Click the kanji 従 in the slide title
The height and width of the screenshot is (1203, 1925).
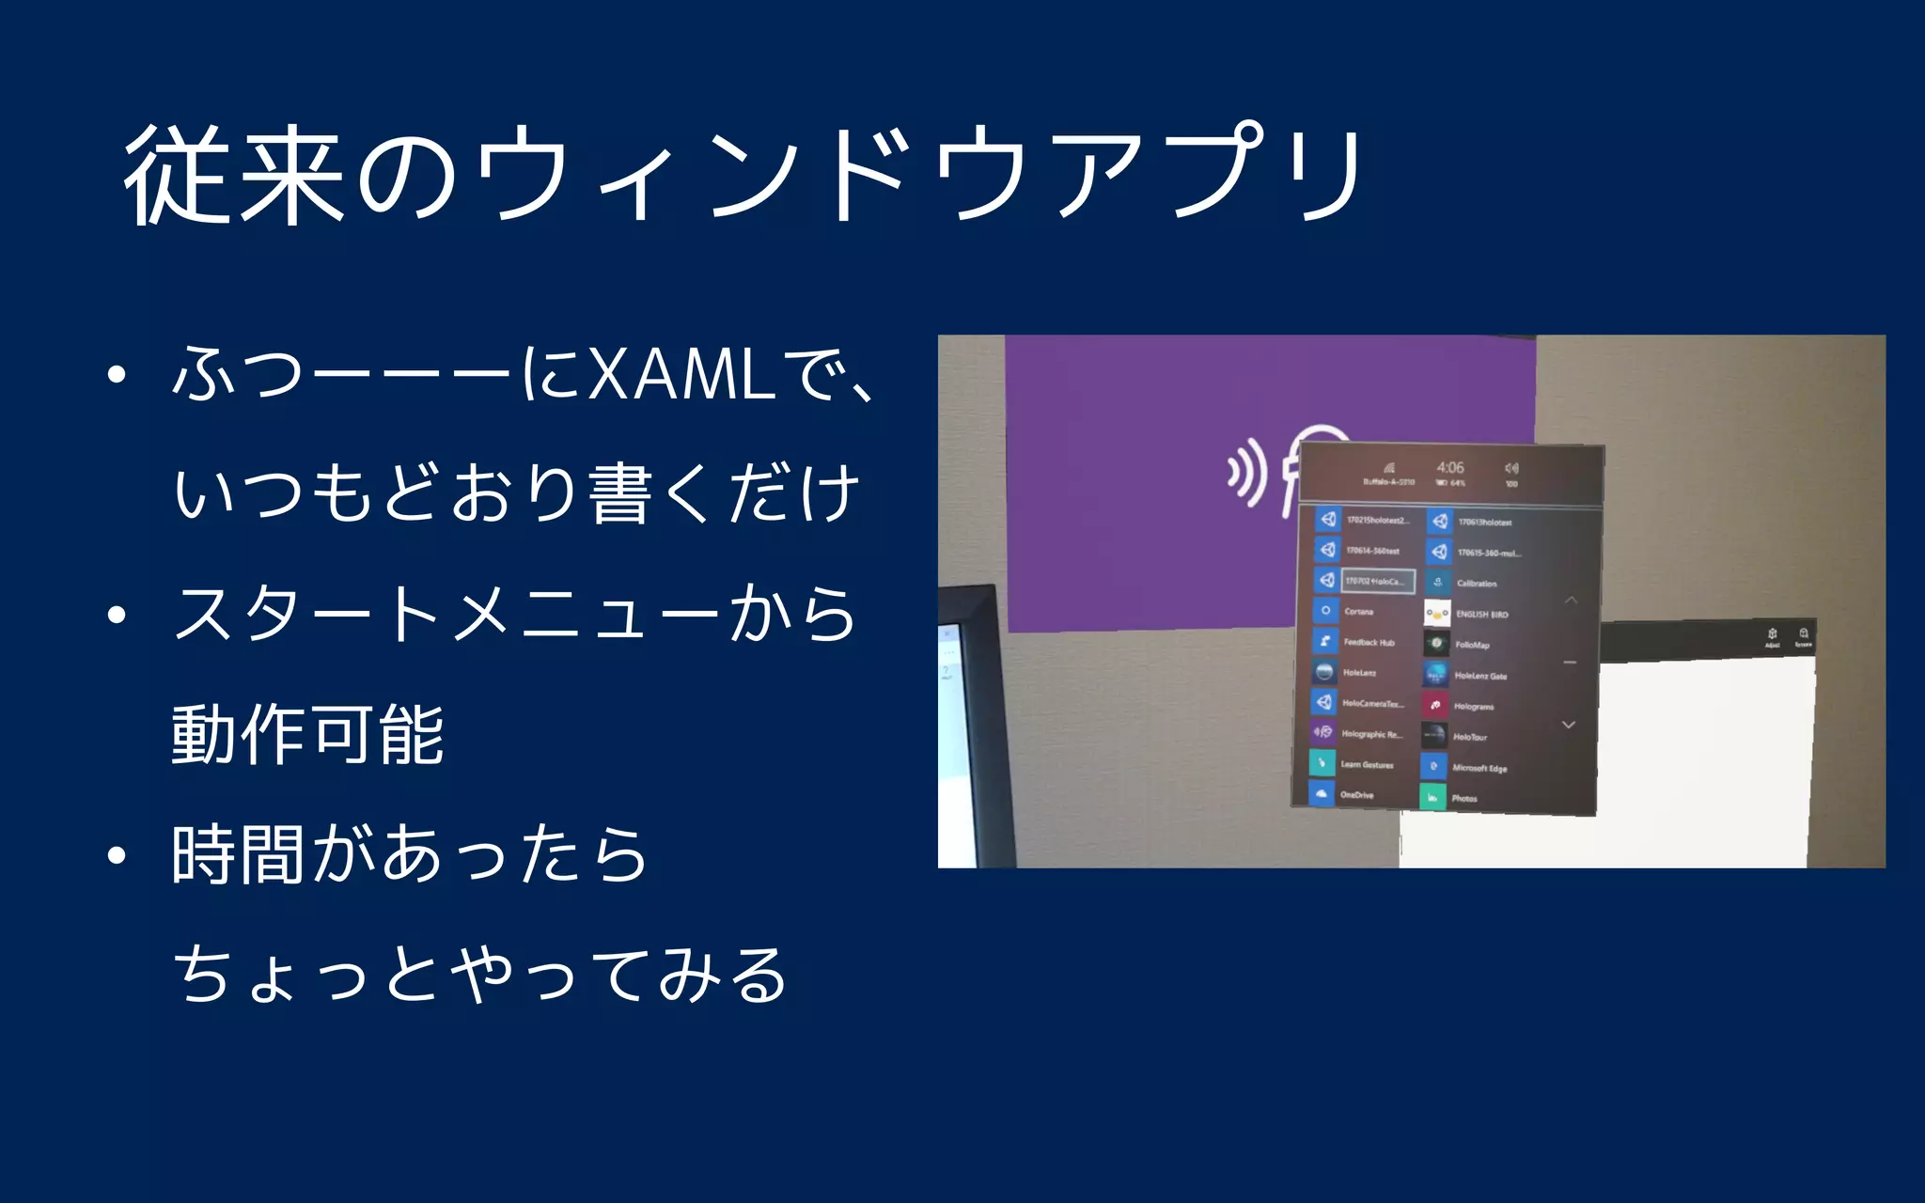tap(177, 176)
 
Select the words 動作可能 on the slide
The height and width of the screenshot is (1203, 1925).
tap(307, 735)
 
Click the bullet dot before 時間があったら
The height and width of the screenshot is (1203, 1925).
tap(117, 855)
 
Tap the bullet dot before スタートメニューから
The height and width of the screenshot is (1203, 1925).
tap(117, 616)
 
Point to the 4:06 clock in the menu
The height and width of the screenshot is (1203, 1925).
tap(1449, 467)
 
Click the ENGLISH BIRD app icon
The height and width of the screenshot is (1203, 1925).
tap(1437, 614)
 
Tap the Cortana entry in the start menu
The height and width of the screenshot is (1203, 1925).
tap(1358, 612)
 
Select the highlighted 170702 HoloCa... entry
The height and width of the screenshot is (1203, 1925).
tap(1377, 581)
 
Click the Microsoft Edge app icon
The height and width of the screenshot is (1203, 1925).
tap(1433, 767)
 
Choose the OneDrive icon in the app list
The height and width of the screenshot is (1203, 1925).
tap(1322, 794)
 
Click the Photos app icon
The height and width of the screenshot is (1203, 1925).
tap(1432, 798)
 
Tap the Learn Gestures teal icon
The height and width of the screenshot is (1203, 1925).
tap(1322, 763)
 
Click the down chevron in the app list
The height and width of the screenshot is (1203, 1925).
tap(1568, 725)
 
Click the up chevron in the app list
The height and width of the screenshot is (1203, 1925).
tap(1571, 600)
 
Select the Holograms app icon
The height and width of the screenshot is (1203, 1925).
tap(1435, 705)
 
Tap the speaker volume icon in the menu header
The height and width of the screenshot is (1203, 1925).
tap(1511, 468)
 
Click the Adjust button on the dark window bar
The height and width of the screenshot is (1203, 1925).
tap(1772, 636)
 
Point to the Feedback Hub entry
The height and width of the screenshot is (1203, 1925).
tap(1369, 643)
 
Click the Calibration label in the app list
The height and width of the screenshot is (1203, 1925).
tap(1477, 584)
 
